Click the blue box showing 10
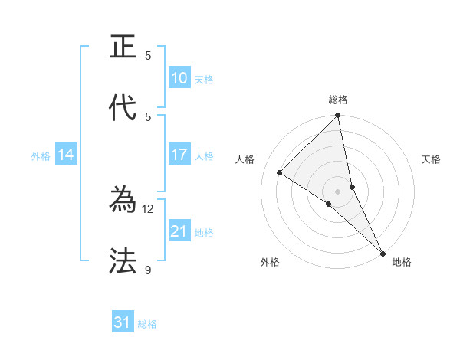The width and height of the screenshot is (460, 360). coord(179,77)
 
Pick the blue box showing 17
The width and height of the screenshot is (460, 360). coord(179,155)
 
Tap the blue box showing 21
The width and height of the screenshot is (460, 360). coord(179,231)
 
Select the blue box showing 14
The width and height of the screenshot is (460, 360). coord(66,155)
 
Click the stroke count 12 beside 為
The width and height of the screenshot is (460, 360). coord(148,208)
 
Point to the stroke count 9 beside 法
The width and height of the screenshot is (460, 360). coord(148,270)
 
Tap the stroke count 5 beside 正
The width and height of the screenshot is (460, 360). coord(148,55)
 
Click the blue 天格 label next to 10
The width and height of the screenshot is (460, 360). coord(204,79)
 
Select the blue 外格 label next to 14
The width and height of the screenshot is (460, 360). coord(41,155)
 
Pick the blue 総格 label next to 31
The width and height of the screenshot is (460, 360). coord(147,324)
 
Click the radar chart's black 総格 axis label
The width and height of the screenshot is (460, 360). coord(338,100)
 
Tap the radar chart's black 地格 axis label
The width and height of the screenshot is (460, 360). coord(402,262)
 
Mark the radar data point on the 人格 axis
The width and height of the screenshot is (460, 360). coord(280,173)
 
